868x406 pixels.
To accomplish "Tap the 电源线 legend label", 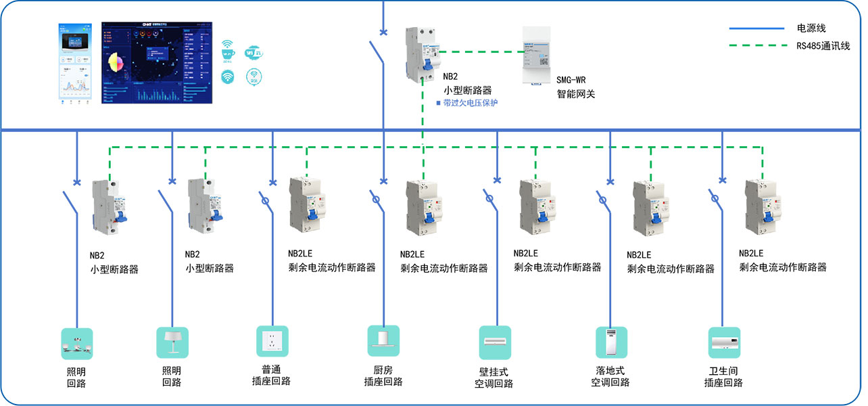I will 811,28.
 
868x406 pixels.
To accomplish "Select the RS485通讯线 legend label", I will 822,46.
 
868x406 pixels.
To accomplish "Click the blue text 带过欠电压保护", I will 470,103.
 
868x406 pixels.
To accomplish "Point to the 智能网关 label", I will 575,94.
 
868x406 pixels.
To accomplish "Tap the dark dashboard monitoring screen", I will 156,62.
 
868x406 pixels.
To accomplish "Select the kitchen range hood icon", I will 383,341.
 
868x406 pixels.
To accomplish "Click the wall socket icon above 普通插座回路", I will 272,342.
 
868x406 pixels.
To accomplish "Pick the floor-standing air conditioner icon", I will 611,342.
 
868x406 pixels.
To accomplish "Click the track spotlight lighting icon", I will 77,343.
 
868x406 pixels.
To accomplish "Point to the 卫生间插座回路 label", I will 723,377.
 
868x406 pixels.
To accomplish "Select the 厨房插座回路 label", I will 383,376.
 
